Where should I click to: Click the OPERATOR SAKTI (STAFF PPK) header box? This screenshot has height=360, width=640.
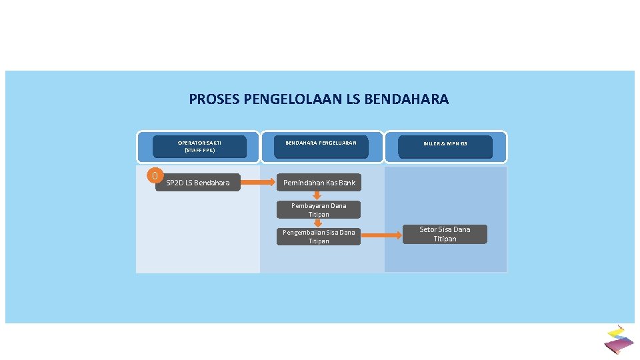tap(199, 147)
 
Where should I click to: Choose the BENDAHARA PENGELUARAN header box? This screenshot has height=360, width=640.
tap(321, 147)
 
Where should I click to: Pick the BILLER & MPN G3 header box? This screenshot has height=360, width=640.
tap(445, 147)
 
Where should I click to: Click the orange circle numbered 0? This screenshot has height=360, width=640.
tap(155, 176)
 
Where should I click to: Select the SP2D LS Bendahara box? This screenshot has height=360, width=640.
tap(198, 183)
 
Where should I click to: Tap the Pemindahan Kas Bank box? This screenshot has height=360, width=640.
tap(319, 183)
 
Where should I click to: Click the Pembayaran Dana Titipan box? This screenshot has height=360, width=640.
tap(319, 210)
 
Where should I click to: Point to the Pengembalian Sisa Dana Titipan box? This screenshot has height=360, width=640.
tap(319, 237)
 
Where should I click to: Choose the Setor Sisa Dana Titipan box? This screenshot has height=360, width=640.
tap(445, 234)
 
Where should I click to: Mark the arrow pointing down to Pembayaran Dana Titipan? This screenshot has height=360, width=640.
tap(318, 195)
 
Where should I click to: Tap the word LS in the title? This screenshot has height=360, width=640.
tap(355, 99)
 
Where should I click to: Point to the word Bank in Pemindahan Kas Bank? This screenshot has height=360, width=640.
tap(347, 183)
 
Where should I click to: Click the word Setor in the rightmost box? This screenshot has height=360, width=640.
tap(428, 229)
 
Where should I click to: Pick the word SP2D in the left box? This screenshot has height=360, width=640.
tap(174, 183)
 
